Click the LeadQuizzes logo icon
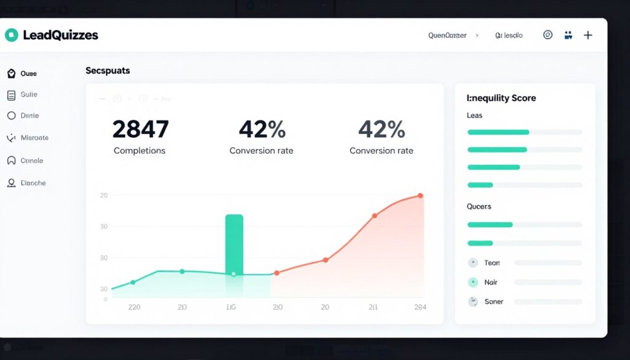pyautogui.click(x=11, y=35)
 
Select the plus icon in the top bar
pyautogui.click(x=588, y=35)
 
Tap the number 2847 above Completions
pyautogui.click(x=140, y=129)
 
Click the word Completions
pyautogui.click(x=140, y=151)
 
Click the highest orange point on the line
pyautogui.click(x=420, y=196)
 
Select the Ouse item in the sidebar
pyautogui.click(x=28, y=74)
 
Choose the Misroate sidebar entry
pyautogui.click(x=34, y=138)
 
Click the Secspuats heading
pyautogui.click(x=108, y=71)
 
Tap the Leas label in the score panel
pyautogui.click(x=475, y=116)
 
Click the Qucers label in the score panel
pyautogui.click(x=479, y=207)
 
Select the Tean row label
pyautogui.click(x=492, y=263)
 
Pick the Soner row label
pyautogui.click(x=493, y=302)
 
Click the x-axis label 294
pyautogui.click(x=420, y=307)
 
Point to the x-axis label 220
pyautogui.click(x=135, y=307)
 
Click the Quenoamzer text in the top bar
pyautogui.click(x=447, y=36)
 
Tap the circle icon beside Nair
pyautogui.click(x=473, y=282)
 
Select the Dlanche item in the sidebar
pyautogui.click(x=33, y=183)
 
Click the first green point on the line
pyautogui.click(x=133, y=282)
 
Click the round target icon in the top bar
pyautogui.click(x=548, y=35)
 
